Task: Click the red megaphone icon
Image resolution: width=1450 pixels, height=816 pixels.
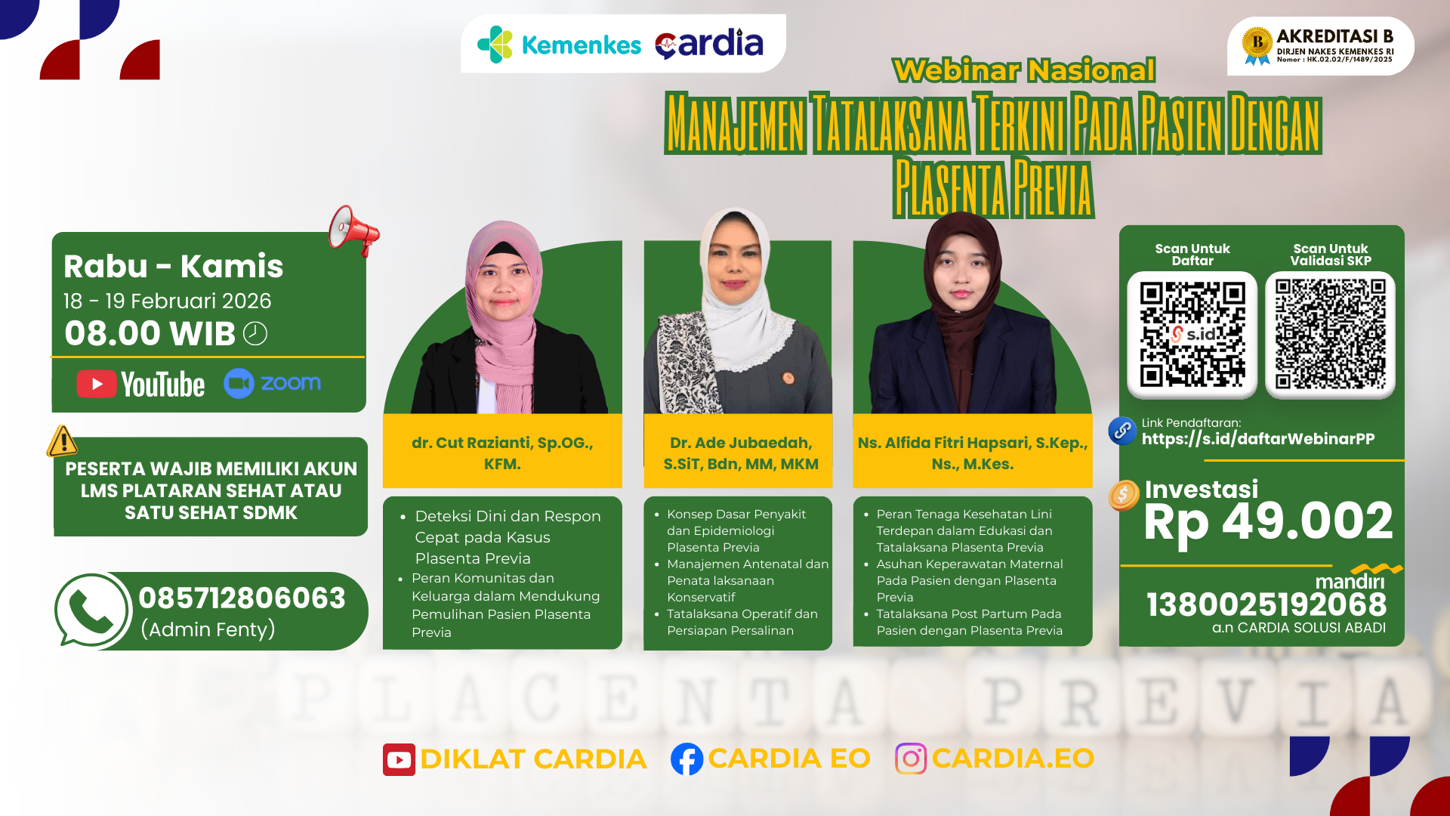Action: coord(353,230)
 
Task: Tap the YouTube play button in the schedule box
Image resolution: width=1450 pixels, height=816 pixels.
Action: coord(97,384)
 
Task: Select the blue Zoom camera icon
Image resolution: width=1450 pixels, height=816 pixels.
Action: coord(239,383)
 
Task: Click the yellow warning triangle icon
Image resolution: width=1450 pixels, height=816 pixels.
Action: coord(63,441)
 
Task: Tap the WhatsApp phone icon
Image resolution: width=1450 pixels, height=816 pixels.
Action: coord(92,610)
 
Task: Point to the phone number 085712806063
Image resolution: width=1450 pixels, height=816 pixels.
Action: coord(242,598)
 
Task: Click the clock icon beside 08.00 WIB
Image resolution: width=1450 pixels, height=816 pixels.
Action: coord(255,333)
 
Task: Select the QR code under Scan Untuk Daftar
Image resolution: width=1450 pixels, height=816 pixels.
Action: coord(1192,335)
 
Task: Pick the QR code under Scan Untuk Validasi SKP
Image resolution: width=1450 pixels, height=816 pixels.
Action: coord(1330,335)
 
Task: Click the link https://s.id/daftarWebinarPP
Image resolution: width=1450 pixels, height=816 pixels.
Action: coord(1257,439)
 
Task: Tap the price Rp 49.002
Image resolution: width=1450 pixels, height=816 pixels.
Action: coord(1268,521)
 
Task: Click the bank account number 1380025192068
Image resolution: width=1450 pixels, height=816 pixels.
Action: coord(1266,604)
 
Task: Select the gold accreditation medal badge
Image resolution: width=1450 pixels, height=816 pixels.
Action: coord(1257,45)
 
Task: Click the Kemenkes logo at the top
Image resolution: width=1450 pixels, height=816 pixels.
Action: coord(560,45)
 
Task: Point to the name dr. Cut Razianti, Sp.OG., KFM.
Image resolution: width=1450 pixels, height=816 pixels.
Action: coord(502,453)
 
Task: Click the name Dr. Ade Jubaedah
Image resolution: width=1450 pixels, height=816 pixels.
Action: coord(741,444)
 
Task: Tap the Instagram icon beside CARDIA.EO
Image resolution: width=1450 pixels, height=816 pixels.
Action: coord(911,759)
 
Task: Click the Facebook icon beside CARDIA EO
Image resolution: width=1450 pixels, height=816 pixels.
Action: coord(686,759)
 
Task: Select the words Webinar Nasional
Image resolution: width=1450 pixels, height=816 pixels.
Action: coord(1023,70)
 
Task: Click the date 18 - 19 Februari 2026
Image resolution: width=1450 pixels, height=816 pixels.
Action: coord(167,301)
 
